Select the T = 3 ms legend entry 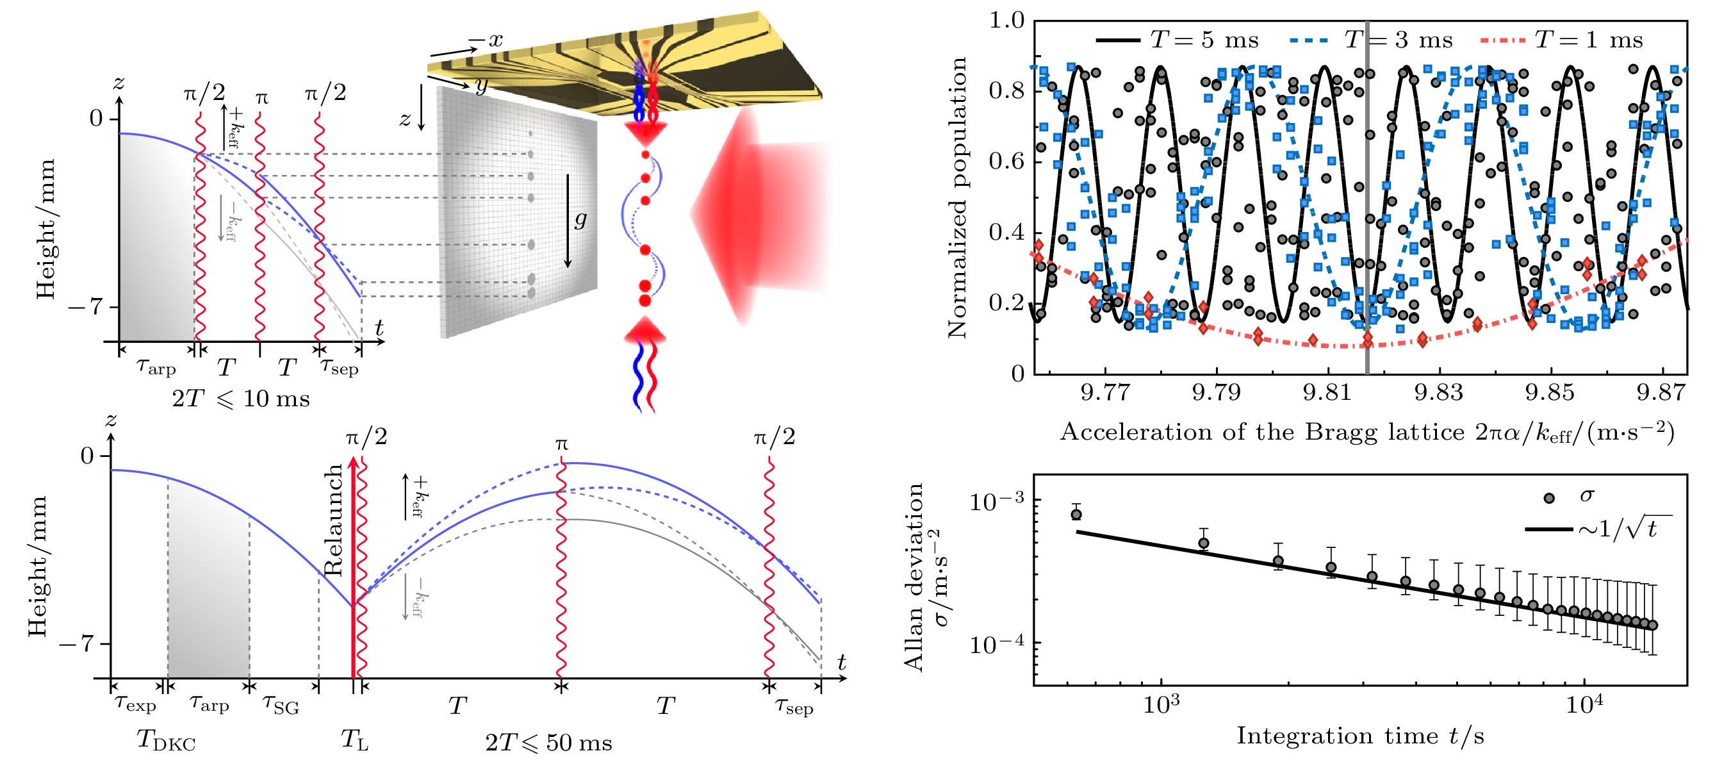coord(1372,40)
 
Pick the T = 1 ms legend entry coord(1562,40)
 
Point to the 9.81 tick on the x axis coord(1327,392)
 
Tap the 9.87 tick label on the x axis coord(1662,392)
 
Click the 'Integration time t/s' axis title coord(1360,736)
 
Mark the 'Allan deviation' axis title coord(914,576)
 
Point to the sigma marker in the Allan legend coord(1549,497)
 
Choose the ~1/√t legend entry coord(1598,529)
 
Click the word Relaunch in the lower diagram coord(333,520)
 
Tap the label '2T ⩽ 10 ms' coord(240,399)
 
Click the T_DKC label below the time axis coord(166,740)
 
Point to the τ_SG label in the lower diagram coord(281,704)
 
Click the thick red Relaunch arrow coord(353,566)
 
